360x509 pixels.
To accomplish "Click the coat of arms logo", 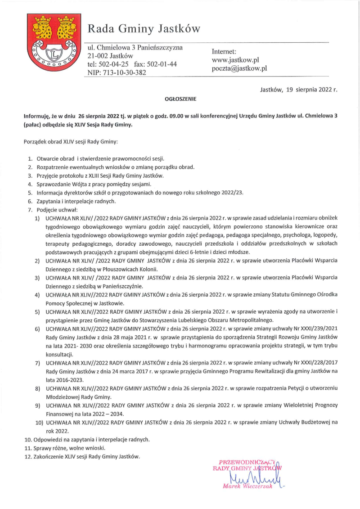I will point(54,43).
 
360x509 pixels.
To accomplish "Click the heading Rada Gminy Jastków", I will point(144,29).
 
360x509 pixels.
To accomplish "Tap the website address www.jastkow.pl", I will point(235,60).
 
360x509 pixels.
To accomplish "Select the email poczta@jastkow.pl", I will point(239,68).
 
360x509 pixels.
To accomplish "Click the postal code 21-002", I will point(98,56).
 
